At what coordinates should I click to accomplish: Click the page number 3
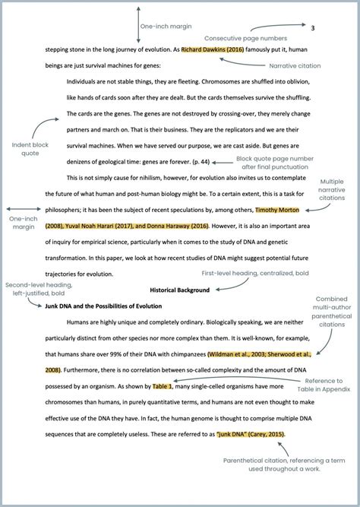point(313,28)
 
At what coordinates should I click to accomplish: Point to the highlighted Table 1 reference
point(162,386)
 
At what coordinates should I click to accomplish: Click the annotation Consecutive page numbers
point(245,38)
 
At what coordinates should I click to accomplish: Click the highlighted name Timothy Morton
point(277,210)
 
